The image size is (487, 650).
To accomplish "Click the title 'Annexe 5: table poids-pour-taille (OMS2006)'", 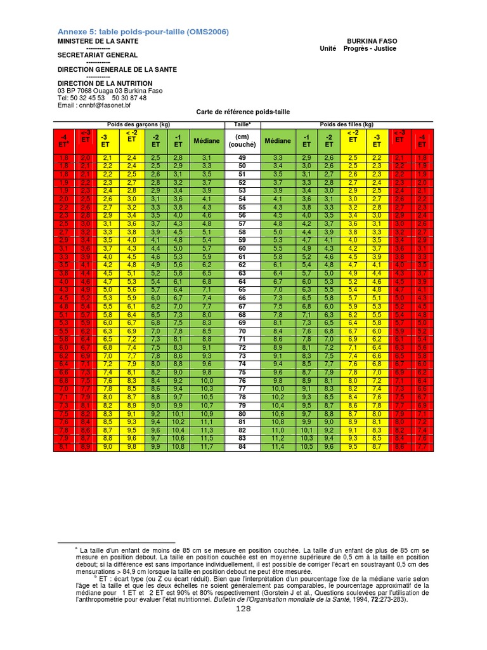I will [143, 32].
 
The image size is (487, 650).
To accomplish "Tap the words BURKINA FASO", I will [372, 41].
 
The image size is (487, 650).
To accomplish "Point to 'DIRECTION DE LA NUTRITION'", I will [105, 83].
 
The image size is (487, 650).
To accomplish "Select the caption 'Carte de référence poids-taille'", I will [244, 112].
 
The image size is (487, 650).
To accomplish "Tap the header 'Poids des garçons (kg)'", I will [139, 124].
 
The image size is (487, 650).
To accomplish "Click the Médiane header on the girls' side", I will [278, 140].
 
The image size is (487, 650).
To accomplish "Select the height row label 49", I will [242, 157].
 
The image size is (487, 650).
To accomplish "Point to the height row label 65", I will [242, 289].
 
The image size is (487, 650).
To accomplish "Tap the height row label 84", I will [242, 446].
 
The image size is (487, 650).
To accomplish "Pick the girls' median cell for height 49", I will [278, 157].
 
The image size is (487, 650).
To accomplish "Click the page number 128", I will [243, 609].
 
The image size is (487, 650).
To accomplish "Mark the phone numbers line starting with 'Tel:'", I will [102, 98].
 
